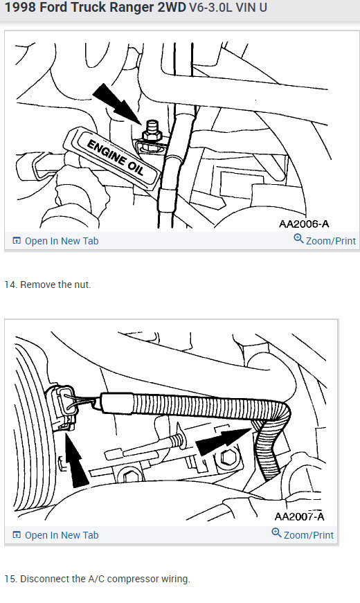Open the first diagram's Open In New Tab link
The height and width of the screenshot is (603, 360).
[55, 241]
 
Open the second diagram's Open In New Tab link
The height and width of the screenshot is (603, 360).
[55, 535]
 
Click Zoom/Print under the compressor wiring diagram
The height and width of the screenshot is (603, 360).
[308, 534]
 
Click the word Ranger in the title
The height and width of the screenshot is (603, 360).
[132, 10]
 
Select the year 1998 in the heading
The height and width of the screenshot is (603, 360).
[21, 10]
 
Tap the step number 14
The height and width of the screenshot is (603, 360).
[10, 285]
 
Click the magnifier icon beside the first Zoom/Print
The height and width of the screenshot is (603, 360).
[298, 239]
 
